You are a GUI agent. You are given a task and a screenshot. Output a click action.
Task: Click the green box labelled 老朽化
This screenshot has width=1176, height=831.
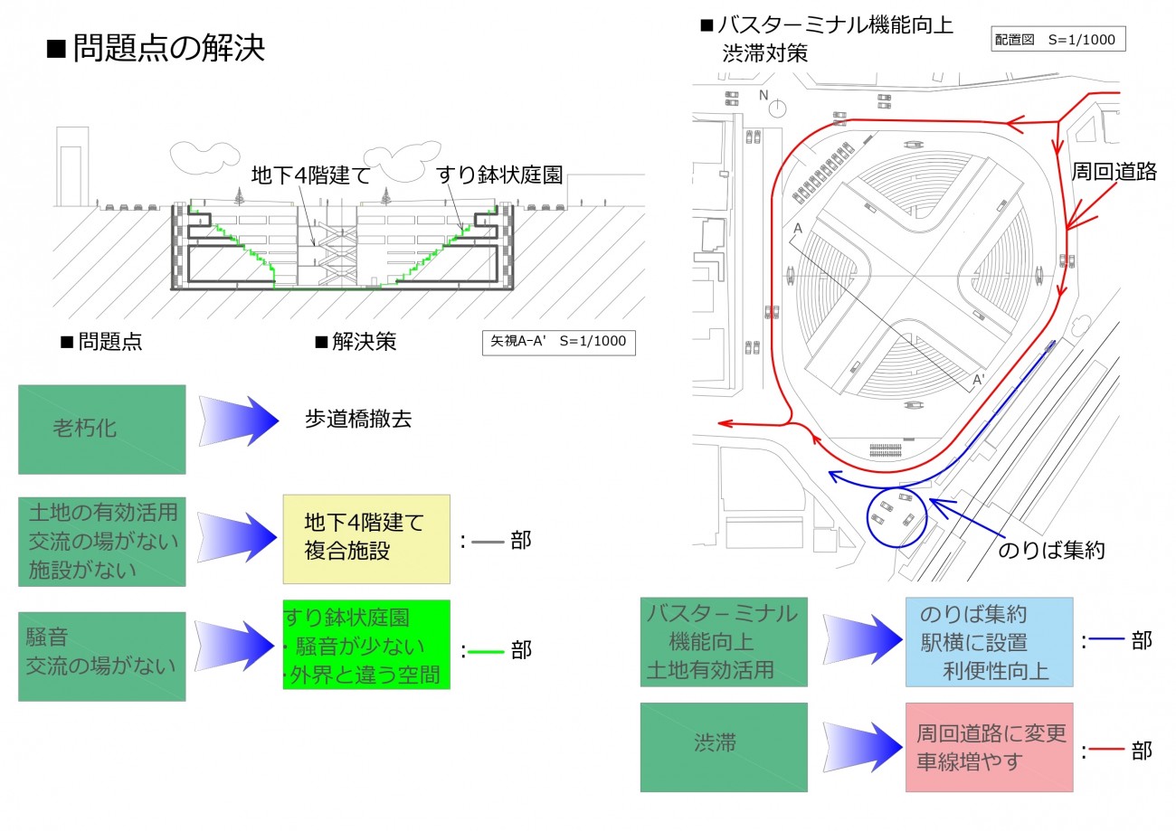click(x=101, y=429)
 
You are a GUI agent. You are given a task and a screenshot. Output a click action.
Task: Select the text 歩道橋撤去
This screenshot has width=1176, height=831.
click(x=359, y=420)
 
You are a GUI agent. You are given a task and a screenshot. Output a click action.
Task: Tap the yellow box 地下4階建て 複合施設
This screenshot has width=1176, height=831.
click(x=366, y=538)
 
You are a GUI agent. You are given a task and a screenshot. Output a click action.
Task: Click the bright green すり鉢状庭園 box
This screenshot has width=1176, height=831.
click(x=366, y=646)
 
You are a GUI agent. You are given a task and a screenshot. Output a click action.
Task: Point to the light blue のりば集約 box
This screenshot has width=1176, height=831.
click(x=989, y=641)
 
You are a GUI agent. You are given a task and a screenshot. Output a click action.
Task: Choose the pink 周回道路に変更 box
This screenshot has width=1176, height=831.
click(x=989, y=747)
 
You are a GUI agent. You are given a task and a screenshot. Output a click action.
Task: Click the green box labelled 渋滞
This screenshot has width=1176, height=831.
click(x=724, y=746)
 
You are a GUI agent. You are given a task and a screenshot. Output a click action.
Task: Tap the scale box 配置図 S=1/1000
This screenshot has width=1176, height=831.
click(x=1057, y=40)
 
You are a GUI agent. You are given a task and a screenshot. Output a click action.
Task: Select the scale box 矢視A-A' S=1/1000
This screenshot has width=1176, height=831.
click(x=558, y=342)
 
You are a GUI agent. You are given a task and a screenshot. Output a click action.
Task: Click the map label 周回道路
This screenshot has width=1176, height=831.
click(x=1114, y=172)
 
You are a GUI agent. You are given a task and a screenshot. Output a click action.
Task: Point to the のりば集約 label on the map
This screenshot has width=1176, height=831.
click(x=1051, y=550)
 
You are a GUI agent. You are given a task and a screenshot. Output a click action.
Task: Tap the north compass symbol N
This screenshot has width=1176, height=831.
click(x=776, y=106)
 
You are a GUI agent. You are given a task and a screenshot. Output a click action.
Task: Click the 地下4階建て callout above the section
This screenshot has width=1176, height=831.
click(x=310, y=175)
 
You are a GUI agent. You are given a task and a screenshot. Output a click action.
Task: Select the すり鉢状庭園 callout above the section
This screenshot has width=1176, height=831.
click(x=498, y=175)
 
